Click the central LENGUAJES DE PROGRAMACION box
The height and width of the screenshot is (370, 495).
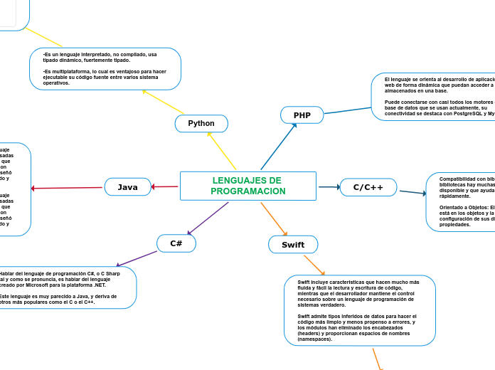click(247, 186)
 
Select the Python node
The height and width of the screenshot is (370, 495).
click(201, 123)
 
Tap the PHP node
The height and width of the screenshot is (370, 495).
click(302, 115)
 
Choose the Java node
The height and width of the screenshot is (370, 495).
click(127, 187)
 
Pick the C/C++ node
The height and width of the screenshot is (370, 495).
click(368, 187)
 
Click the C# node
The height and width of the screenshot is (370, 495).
click(176, 243)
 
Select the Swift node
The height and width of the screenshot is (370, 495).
click(292, 245)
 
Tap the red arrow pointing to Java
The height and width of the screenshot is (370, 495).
click(166, 187)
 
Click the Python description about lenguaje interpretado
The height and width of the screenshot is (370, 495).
click(105, 69)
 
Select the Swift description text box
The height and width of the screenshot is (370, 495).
click(359, 310)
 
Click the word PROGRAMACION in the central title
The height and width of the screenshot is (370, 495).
click(247, 192)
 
